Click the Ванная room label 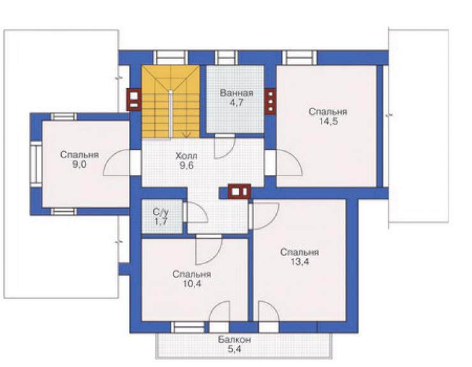pos(236,93)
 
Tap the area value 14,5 pos(328,121)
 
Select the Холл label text pos(187,156)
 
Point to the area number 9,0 pos(79,165)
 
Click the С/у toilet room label pos(161,212)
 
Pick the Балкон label pos(235,340)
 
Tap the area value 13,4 pos(300,262)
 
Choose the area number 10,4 pos(192,283)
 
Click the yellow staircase pos(171,102)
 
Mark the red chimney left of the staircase pos(134,100)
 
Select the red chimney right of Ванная pos(270,101)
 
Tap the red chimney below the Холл pos(239,191)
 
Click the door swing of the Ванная pos(225,147)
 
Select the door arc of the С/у pos(196,212)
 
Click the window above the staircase pos(171,57)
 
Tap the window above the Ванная pos(227,57)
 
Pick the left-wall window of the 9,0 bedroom pos(36,164)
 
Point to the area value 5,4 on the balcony pos(235,350)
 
